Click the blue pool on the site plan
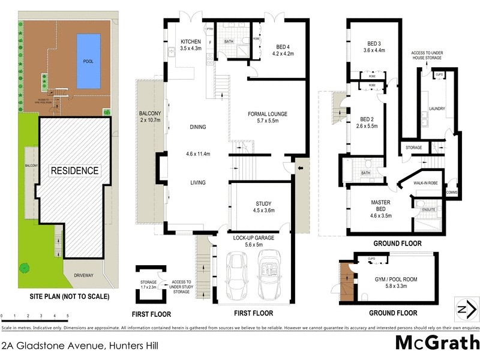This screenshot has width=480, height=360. tap(88, 60)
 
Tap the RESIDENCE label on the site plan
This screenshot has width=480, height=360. tap(74, 170)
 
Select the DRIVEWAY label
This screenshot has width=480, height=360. tap(83, 275)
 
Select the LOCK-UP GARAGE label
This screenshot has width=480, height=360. tap(253, 241)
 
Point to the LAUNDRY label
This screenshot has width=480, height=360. tap(437, 109)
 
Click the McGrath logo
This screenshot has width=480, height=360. tap(437, 343)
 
